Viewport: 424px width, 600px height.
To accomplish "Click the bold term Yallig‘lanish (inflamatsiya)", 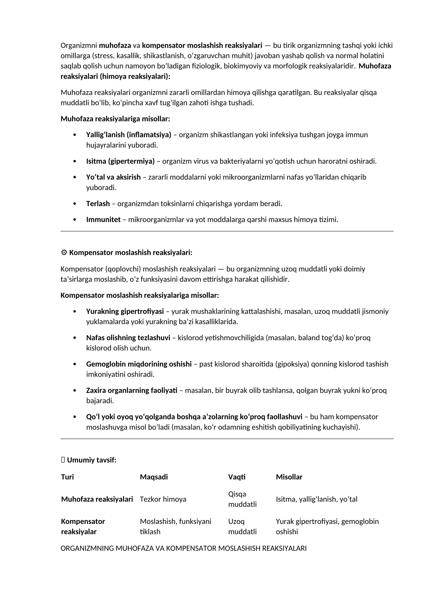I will point(129,135).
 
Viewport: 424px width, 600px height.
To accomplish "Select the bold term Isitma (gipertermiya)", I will point(120,161).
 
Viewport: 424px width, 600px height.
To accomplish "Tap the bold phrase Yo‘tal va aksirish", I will point(113,177).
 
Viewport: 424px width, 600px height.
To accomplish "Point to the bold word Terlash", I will point(98,204).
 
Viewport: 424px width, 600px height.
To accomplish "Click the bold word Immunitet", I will point(103,220).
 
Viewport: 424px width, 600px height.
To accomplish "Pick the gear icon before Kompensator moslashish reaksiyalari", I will point(64,253).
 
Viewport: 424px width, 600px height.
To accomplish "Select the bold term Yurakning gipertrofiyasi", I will point(125,311).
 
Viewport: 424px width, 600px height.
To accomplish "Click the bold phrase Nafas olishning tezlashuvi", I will point(128,338).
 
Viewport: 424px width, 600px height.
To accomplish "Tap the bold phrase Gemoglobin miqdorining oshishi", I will point(139,364).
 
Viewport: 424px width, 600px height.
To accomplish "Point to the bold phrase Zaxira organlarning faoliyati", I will point(132,390).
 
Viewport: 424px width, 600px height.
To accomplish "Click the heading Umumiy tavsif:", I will point(91,460).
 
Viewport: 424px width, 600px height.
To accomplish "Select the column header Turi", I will point(67,477).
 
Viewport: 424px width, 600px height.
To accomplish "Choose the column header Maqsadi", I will point(154,477).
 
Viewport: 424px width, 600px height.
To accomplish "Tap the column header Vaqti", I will point(237,477).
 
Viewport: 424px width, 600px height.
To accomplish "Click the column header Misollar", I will point(289,477).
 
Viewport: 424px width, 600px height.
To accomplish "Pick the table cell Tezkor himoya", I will point(163,499).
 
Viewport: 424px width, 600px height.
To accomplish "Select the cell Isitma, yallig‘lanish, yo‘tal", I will point(316,499).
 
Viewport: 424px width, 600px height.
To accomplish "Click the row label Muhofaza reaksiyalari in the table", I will point(97,499).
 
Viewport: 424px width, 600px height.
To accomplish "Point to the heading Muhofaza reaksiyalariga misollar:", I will point(115,119).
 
